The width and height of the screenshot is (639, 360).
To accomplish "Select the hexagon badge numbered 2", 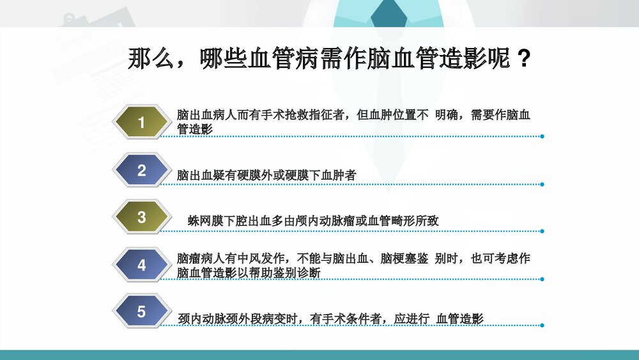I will [141, 170].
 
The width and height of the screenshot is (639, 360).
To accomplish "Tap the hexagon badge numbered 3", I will [141, 217].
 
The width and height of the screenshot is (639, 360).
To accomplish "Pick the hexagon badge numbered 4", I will [141, 265].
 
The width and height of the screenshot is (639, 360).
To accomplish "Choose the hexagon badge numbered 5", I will [141, 312].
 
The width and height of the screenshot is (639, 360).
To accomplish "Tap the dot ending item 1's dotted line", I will [542, 136].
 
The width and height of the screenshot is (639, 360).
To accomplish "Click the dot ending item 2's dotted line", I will [542, 184].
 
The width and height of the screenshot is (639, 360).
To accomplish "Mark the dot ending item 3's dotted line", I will [542, 231].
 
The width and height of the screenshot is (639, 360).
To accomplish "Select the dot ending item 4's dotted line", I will [542, 279].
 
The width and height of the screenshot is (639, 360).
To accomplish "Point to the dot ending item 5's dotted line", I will [542, 325].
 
